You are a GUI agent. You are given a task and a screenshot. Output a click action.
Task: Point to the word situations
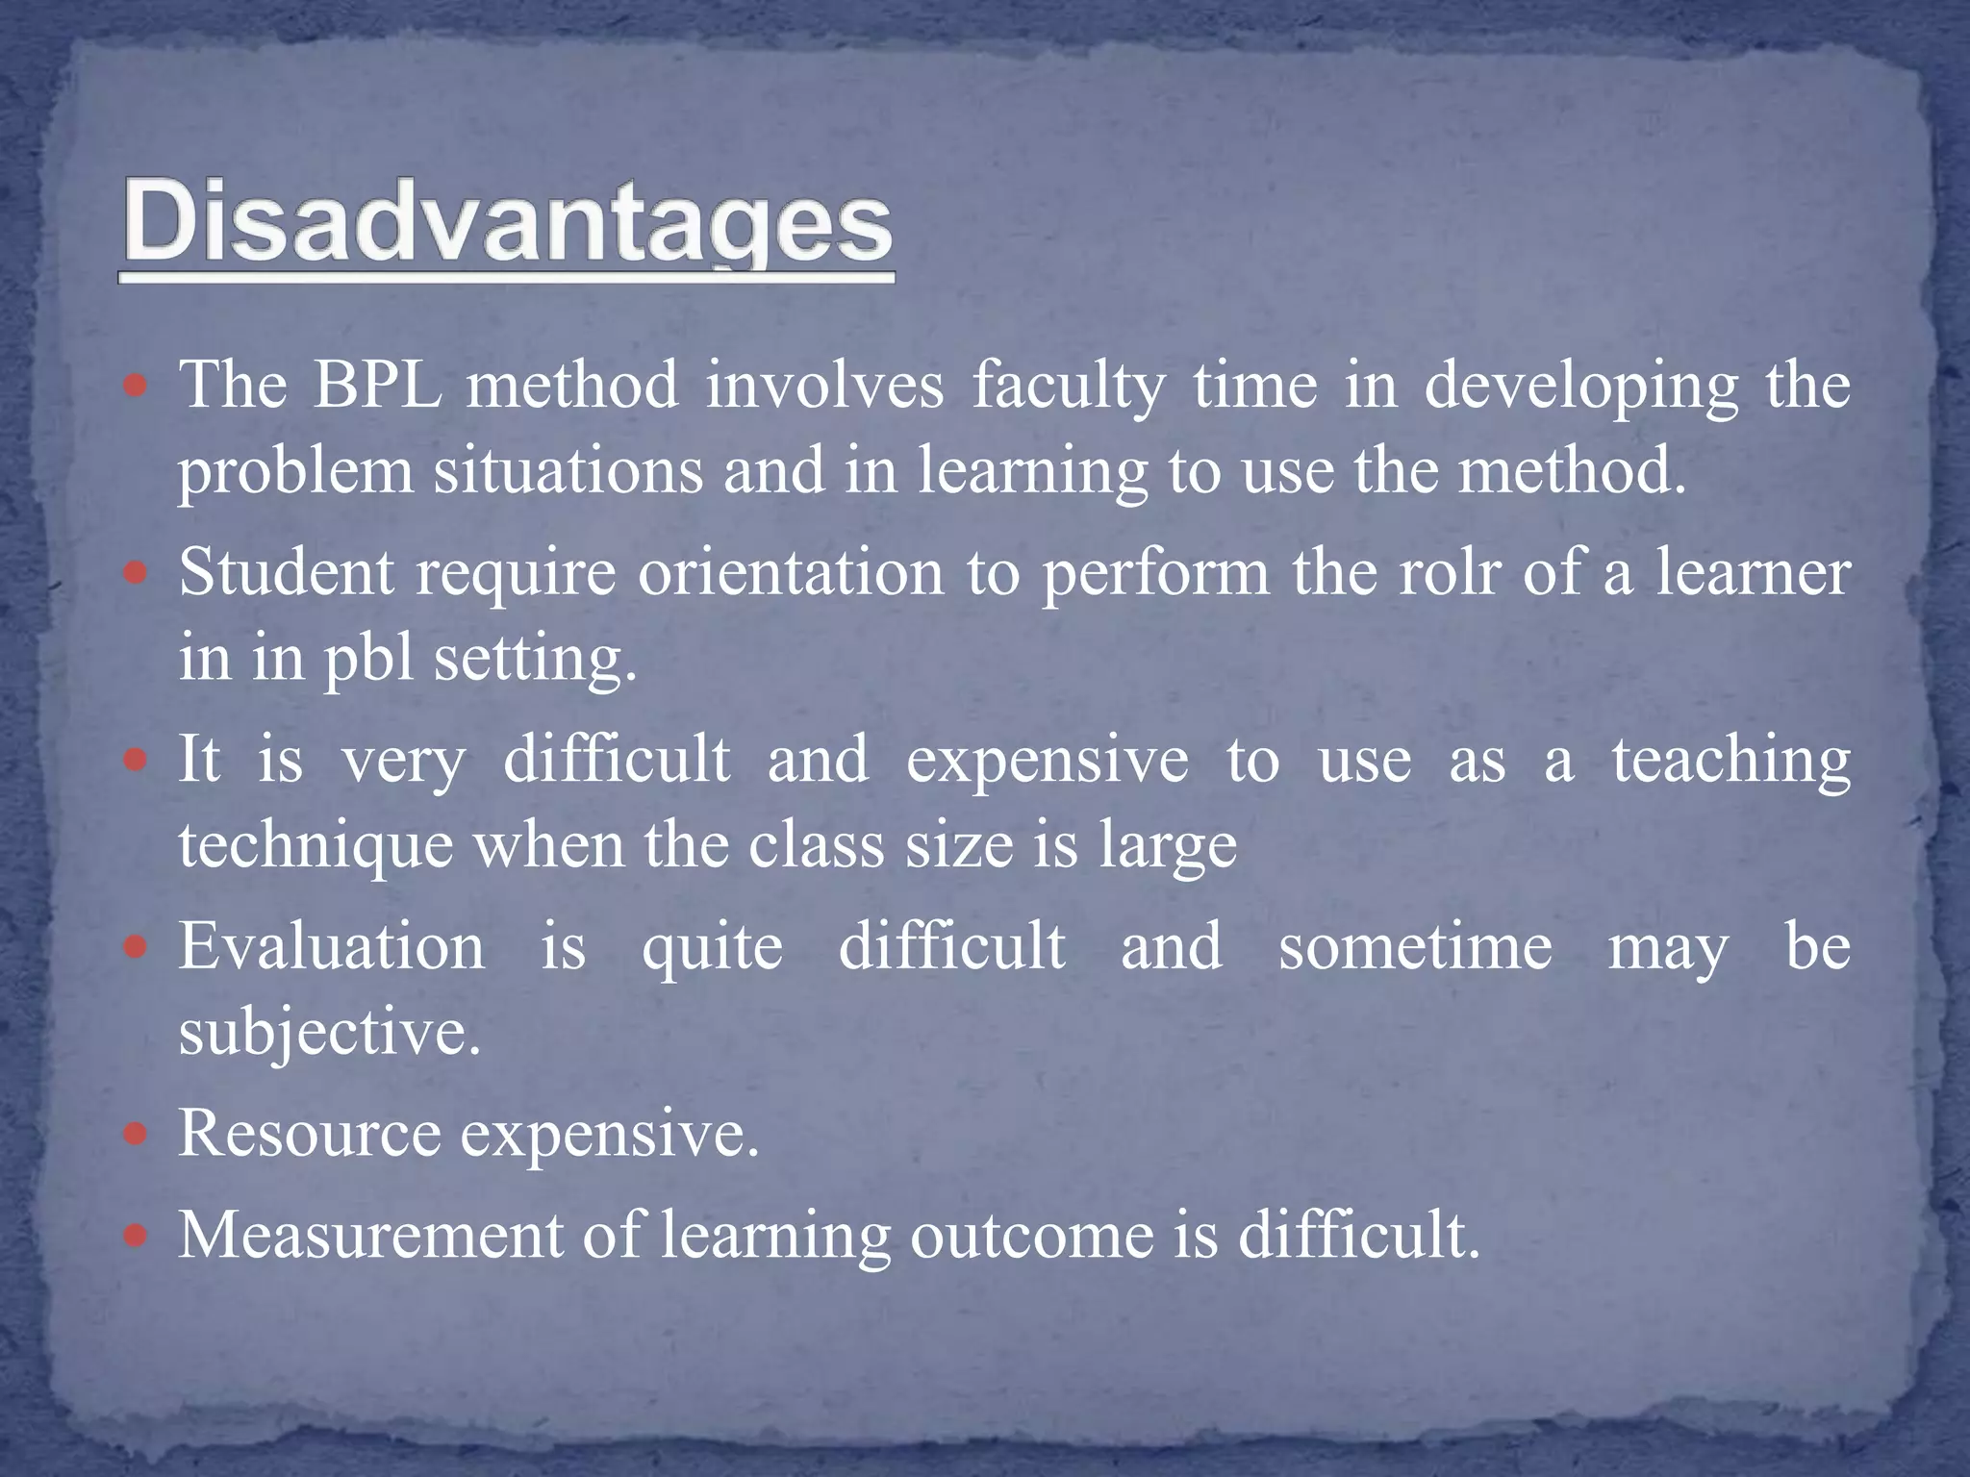[568, 472]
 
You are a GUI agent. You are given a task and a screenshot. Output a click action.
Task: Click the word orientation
[791, 573]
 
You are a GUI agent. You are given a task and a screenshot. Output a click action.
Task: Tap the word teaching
[1730, 761]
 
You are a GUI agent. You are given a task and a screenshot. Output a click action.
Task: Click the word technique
[316, 847]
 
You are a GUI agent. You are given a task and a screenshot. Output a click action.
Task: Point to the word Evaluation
[332, 946]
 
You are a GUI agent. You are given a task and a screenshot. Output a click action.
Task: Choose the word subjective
[329, 1034]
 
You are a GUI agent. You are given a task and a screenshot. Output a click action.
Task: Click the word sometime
[1415, 946]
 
